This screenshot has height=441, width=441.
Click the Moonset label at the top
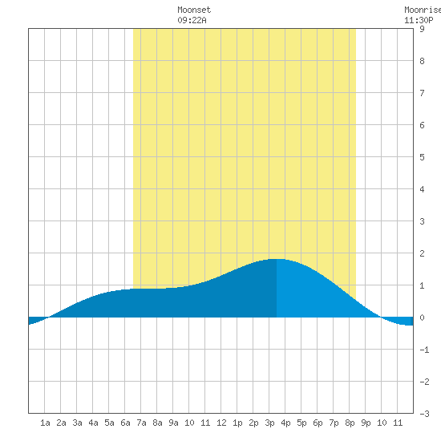point(194,10)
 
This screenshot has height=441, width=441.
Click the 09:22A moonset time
point(192,20)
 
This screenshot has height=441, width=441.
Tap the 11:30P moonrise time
point(419,20)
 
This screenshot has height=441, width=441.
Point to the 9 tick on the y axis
point(422,29)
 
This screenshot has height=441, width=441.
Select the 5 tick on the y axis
point(422,157)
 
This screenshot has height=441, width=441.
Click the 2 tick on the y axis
point(422,253)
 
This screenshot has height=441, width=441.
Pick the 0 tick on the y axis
point(422,318)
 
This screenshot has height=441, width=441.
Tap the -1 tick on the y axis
point(424,350)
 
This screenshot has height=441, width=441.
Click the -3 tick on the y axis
point(424,414)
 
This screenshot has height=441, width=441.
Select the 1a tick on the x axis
point(45,423)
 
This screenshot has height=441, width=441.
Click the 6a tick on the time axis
point(125,423)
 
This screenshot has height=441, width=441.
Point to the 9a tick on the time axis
point(173,423)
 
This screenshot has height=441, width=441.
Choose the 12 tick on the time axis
point(221,423)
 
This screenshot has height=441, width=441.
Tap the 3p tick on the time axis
point(269,423)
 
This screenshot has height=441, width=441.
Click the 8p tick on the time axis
point(350,423)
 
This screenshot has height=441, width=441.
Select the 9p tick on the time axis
point(366,423)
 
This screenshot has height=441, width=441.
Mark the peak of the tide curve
point(277,259)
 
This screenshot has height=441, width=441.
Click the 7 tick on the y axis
point(422,93)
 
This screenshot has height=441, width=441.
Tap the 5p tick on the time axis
point(301,423)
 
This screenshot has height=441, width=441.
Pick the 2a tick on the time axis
point(61,423)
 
